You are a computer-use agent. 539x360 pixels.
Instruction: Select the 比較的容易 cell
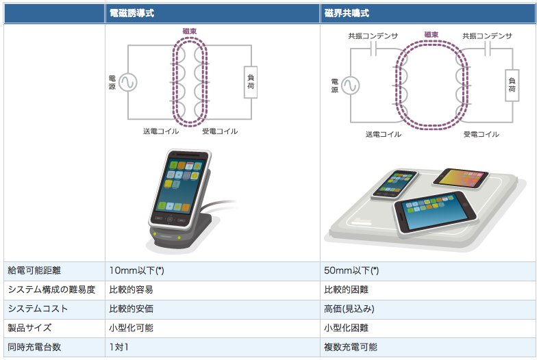[131, 290]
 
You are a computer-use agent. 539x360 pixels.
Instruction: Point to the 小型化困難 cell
[346, 329]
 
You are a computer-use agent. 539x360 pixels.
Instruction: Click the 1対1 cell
[118, 348]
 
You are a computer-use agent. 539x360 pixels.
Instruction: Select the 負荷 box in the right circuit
[512, 85]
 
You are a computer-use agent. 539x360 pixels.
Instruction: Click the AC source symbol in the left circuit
[127, 83]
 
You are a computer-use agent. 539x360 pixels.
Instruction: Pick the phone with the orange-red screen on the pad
[460, 180]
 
